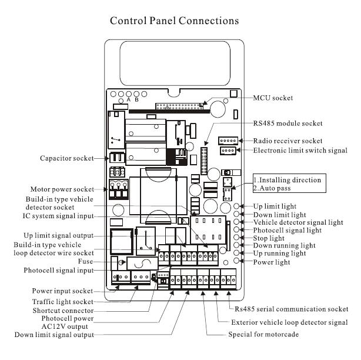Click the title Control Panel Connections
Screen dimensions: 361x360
pos(174,21)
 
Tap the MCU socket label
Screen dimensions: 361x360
pos(273,98)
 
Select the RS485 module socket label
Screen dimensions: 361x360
pos(288,123)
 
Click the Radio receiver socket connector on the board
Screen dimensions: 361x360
pos(228,141)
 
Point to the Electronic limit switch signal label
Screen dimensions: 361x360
pos(300,151)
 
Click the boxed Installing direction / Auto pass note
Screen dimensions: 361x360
pos(289,184)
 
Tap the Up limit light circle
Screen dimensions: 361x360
pos(236,206)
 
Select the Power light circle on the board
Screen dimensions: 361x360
pos(236,261)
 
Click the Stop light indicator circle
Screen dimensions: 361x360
pos(236,237)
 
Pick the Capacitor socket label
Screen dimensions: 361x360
pos(67,158)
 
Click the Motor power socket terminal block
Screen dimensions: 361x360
pos(119,189)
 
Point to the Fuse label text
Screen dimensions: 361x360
pos(85,261)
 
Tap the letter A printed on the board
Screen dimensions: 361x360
pos(129,99)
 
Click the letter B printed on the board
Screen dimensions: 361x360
pos(136,100)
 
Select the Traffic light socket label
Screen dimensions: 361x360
pos(63,302)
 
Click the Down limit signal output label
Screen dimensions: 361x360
pos(54,335)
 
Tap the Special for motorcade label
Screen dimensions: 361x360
pos(263,334)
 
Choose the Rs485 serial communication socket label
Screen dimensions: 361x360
pos(291,309)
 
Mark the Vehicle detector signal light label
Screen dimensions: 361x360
pos(298,222)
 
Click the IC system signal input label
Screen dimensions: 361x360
pos(58,216)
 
